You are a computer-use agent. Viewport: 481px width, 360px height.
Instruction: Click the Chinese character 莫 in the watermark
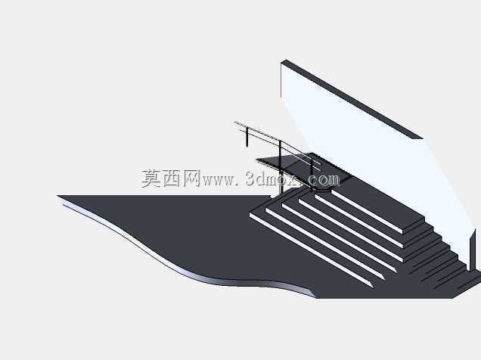[x=151, y=178]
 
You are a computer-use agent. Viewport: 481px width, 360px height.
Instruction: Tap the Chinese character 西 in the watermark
[x=172, y=178]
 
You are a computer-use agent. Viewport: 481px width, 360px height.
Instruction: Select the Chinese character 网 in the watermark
[x=192, y=178]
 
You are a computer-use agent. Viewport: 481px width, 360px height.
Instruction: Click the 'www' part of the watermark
[x=218, y=181]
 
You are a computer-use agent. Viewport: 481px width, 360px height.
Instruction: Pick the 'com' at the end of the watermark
[x=324, y=180]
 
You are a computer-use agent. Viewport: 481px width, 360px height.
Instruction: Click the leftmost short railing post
[x=247, y=138]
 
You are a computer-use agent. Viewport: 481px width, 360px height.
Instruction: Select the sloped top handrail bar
[x=278, y=141]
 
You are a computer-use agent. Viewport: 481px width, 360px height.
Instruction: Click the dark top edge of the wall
[x=352, y=99]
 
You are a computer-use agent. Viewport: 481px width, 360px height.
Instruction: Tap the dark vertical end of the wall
[x=473, y=250]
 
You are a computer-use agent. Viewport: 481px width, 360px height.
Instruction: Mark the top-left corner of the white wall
[x=281, y=64]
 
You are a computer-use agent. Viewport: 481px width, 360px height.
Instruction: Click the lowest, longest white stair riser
[x=312, y=250]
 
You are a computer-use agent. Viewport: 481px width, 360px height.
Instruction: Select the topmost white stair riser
[x=368, y=211]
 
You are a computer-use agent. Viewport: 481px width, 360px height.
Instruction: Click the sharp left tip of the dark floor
[x=57, y=196]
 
